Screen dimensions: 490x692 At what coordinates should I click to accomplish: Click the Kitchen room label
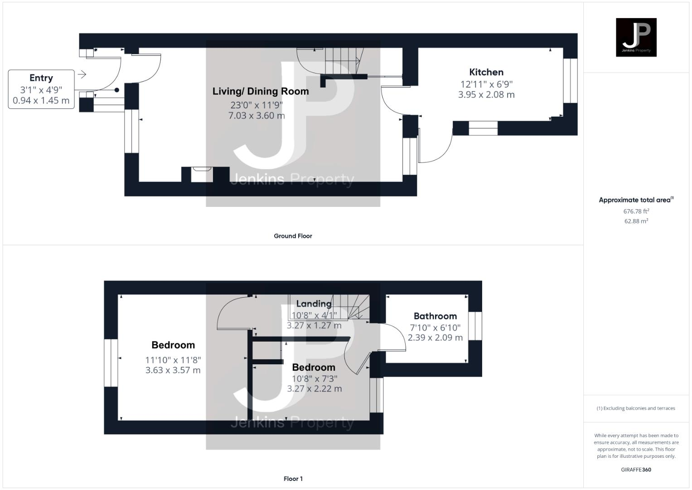pyautogui.click(x=486, y=72)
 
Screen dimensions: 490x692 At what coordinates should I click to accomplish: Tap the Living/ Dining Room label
pyautogui.click(x=261, y=91)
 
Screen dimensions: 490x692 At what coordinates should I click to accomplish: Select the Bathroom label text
pyautogui.click(x=435, y=316)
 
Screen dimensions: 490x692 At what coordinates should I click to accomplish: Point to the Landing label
pyautogui.click(x=314, y=304)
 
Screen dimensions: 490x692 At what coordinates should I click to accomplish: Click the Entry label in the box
pyautogui.click(x=41, y=78)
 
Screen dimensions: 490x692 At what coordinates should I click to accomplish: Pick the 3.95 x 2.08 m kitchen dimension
pyautogui.click(x=486, y=95)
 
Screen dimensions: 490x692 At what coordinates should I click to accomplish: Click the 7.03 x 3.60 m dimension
pyautogui.click(x=256, y=116)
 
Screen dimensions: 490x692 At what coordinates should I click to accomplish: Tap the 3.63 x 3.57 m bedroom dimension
pyautogui.click(x=173, y=370)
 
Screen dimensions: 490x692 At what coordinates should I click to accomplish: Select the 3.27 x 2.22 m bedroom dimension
pyautogui.click(x=315, y=389)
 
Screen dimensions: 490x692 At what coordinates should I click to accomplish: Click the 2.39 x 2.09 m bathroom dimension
pyautogui.click(x=435, y=338)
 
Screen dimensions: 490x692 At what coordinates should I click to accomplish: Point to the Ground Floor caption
pyautogui.click(x=293, y=236)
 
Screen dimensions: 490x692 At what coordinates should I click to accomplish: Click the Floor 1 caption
pyautogui.click(x=293, y=479)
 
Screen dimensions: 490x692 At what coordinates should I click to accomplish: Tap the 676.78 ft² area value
pyautogui.click(x=636, y=211)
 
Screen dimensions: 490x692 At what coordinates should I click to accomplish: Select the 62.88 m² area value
pyautogui.click(x=636, y=221)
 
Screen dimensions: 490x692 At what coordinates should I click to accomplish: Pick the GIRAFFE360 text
pyautogui.click(x=636, y=470)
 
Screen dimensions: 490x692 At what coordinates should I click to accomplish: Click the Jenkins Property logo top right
pyautogui.click(x=636, y=37)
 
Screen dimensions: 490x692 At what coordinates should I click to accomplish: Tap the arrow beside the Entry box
pyautogui.click(x=82, y=74)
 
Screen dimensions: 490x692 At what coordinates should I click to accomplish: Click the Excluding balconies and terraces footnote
pyautogui.click(x=636, y=408)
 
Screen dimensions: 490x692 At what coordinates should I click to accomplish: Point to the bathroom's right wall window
pyautogui.click(x=475, y=326)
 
